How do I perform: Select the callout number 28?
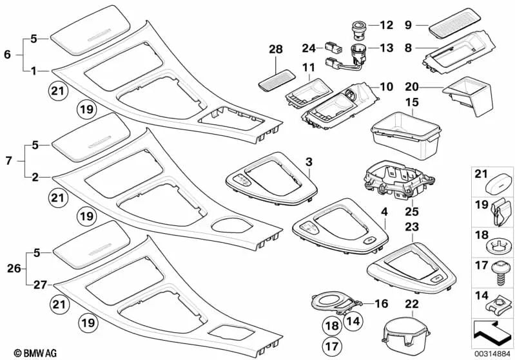[276, 50]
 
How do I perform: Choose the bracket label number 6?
[7, 55]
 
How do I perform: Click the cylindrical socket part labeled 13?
[356, 50]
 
